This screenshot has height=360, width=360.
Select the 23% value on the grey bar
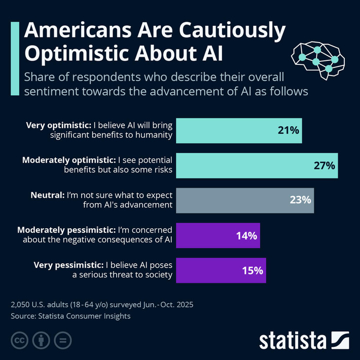300,200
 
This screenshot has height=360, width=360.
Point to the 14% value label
247,235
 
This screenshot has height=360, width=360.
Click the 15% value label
253,270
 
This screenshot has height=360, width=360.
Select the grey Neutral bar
245,200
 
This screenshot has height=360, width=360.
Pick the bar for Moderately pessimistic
218,235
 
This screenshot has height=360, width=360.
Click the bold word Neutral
48,195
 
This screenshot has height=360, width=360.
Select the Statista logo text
294,340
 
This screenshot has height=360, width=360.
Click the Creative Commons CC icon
19,340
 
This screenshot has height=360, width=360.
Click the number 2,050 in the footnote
21,305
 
